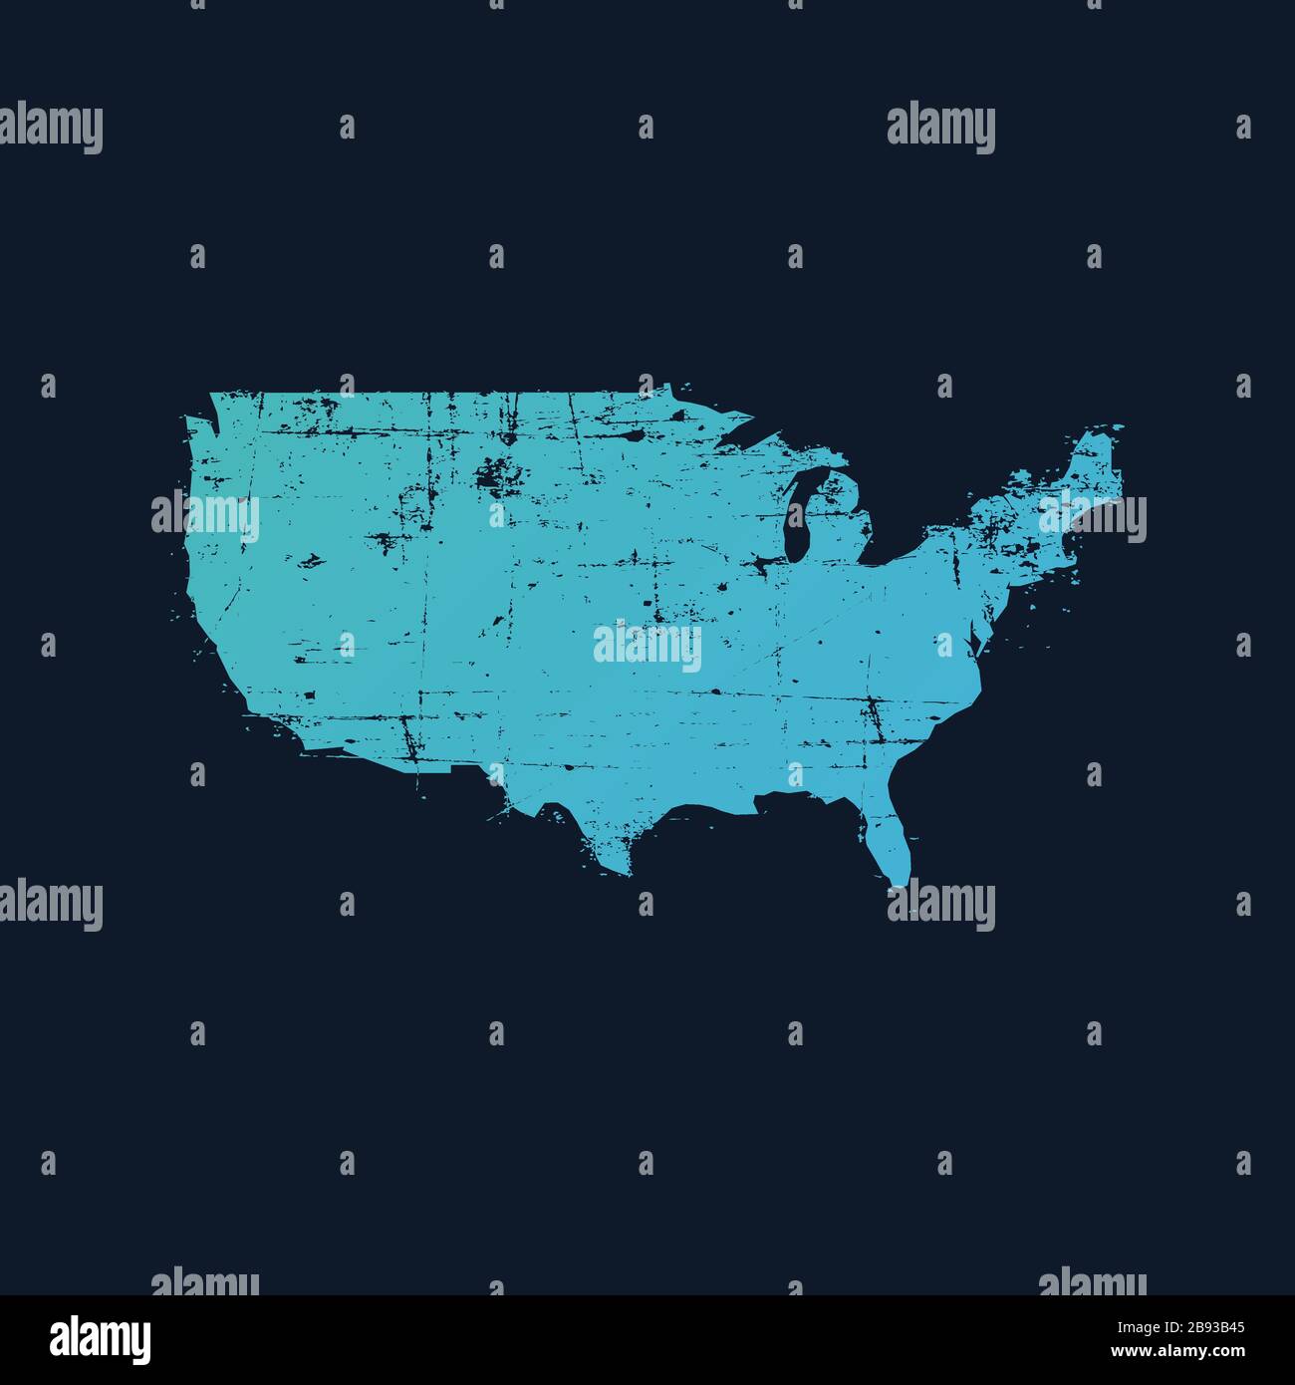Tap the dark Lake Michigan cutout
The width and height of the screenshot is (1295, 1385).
pos(796,518)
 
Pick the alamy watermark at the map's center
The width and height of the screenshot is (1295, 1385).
pos(647,647)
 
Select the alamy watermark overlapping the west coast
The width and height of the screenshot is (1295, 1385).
pos(205,517)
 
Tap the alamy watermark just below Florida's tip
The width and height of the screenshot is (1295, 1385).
pos(941,906)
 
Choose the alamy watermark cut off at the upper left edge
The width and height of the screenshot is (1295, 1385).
pos(50,129)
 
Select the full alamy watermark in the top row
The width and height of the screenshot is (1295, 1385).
pos(940,129)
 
